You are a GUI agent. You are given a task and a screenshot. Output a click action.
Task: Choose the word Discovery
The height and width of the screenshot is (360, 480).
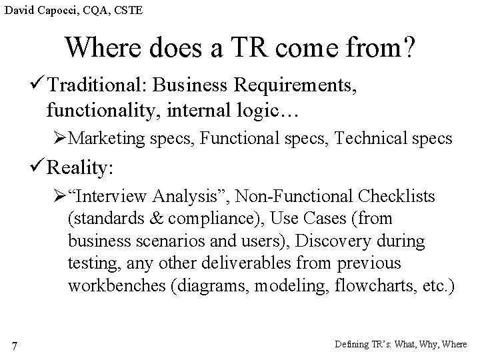pyautogui.click(x=330, y=241)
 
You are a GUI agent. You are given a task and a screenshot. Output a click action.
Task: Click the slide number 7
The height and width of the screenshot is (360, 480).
pyautogui.click(x=15, y=345)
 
